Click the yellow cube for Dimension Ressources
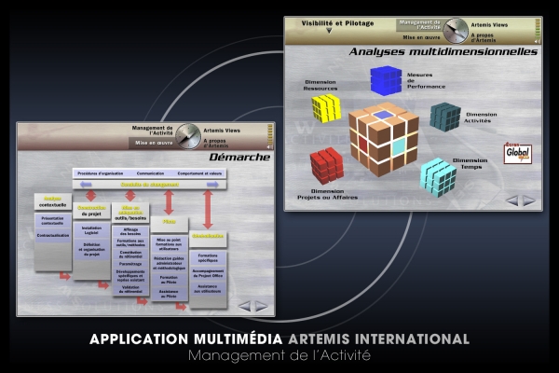325,107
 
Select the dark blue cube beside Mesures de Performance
386,80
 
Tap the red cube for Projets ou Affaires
326,165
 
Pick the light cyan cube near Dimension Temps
437,175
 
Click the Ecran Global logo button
517,153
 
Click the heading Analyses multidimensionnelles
443,52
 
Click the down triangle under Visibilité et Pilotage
328,30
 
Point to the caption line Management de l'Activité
279,356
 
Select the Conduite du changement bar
148,185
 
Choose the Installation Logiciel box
91,228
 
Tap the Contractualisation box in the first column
53,236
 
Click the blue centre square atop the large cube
384,117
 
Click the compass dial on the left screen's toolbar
189,136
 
